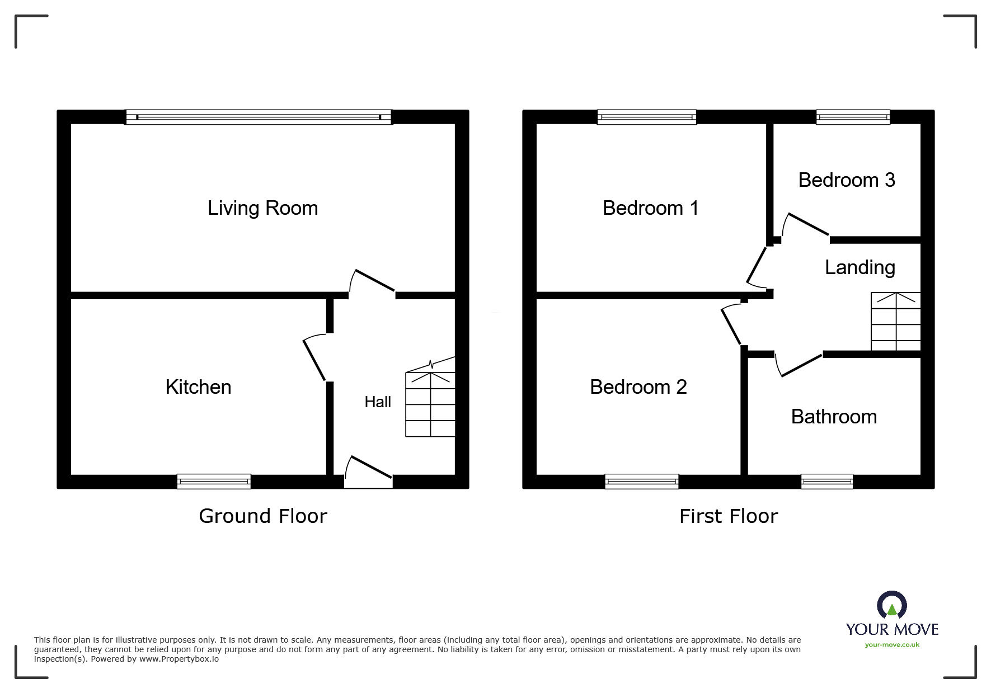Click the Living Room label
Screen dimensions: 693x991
pos(262,208)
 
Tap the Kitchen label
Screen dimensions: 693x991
pos(198,387)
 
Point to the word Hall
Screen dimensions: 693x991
pos(378,402)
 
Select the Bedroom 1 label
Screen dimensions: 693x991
pos(650,208)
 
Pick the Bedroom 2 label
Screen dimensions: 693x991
pos(638,387)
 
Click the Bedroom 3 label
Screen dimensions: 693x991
pos(846,180)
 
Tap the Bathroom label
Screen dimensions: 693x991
pos(834,417)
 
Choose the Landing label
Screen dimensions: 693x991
pos(860,267)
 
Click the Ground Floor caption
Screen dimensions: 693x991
pos(262,516)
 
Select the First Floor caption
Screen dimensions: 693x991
pos(728,516)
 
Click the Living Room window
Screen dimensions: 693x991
pos(258,117)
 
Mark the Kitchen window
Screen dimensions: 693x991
pos(214,481)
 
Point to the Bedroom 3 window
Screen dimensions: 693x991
pos(853,117)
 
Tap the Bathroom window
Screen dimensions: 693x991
pos(826,481)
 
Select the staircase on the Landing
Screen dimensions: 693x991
pos(895,322)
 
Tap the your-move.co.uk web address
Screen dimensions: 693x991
pos(892,645)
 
